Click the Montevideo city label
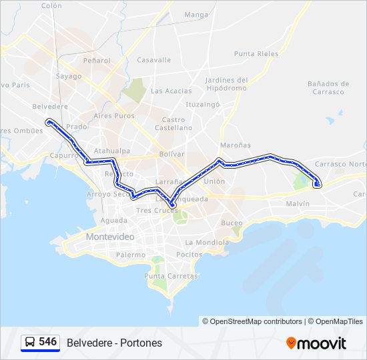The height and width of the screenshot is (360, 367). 110,237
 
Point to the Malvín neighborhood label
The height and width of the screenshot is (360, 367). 298,203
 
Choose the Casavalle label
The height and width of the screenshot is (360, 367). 154,59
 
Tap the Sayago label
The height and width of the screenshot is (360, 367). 69,76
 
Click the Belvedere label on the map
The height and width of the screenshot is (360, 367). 50,106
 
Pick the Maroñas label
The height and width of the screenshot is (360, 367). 236,145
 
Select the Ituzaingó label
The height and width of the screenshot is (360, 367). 203,105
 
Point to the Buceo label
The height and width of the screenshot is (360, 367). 232,223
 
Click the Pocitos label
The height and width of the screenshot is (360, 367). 189,255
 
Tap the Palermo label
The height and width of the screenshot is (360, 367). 131,255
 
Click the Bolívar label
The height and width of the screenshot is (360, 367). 171,153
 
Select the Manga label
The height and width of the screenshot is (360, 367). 196,15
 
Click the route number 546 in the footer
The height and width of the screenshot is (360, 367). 47,342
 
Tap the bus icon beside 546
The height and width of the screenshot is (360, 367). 30,342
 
